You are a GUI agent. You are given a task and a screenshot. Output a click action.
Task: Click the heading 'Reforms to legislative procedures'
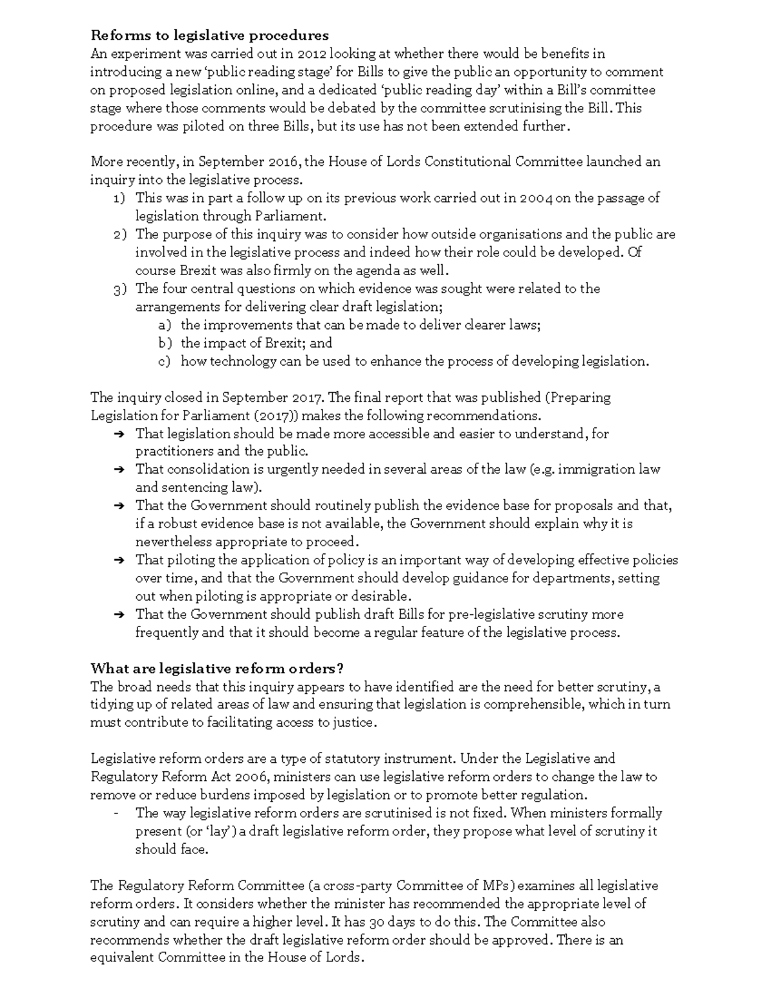pyautogui.click(x=209, y=35)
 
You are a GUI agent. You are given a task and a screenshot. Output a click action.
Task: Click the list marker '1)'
pyautogui.click(x=120, y=199)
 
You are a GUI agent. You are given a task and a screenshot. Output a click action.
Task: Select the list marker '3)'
pyautogui.click(x=120, y=289)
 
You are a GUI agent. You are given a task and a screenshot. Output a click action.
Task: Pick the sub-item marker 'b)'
pyautogui.click(x=164, y=343)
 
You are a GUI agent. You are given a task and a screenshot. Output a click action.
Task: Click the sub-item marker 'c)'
pyautogui.click(x=164, y=362)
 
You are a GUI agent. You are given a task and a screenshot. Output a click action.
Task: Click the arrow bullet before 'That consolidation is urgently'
pyautogui.click(x=119, y=470)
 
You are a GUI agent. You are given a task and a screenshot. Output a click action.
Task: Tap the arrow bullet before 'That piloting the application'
pyautogui.click(x=119, y=560)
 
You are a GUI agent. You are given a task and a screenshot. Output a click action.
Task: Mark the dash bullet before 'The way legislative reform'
pyautogui.click(x=116, y=813)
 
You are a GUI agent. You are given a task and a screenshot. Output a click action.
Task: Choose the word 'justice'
pyautogui.click(x=352, y=723)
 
